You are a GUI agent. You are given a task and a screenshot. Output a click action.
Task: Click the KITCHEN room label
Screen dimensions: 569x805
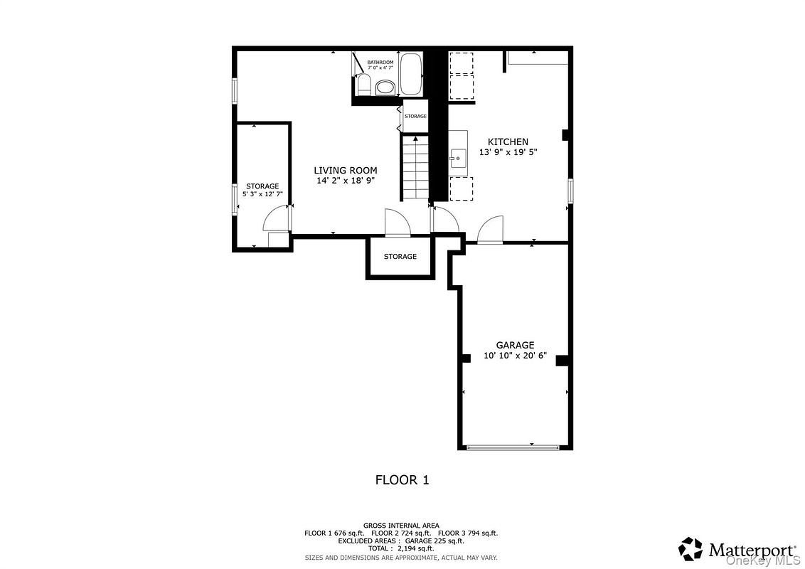508,142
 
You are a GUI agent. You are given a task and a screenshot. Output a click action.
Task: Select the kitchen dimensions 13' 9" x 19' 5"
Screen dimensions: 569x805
508,152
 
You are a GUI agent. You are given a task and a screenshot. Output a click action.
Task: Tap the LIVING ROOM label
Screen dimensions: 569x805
346,171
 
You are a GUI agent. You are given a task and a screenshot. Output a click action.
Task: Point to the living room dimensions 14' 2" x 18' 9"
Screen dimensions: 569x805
346,181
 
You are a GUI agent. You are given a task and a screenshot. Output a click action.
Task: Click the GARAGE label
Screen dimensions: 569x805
515,346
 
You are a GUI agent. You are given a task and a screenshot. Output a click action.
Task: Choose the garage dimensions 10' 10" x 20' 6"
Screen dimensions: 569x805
515,356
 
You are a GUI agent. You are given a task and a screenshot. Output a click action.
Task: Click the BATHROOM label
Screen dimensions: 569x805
380,63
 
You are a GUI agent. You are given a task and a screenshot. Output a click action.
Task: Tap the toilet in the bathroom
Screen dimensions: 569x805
363,86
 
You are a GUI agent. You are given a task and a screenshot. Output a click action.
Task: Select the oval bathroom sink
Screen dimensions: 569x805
385,87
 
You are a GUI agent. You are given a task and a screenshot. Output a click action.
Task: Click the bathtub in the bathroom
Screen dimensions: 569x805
411,74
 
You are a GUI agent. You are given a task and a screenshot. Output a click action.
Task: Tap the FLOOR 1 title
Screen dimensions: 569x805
402,480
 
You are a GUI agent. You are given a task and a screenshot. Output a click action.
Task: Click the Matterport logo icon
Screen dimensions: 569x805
690,548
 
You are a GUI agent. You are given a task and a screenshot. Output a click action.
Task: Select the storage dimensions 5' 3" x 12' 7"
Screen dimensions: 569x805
262,193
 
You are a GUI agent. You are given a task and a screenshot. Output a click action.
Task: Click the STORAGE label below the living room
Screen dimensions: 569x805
400,257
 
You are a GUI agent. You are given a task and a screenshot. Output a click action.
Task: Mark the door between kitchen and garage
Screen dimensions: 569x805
491,231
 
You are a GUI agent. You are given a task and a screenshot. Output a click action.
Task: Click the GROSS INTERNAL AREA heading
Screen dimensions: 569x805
401,525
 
